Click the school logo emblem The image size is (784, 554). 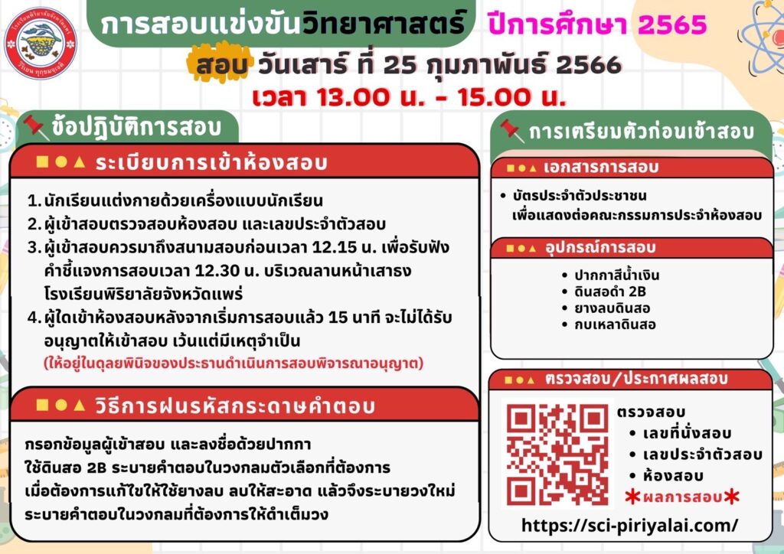(x=40, y=43)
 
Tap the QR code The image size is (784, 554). (x=557, y=454)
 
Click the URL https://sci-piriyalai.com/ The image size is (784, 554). (x=629, y=525)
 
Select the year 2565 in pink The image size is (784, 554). (x=672, y=24)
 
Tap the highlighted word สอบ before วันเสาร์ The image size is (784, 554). (x=220, y=65)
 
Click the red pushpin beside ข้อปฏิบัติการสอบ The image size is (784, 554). (x=35, y=126)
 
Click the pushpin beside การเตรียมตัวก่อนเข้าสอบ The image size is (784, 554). (x=511, y=131)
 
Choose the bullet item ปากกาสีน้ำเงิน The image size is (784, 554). (x=616, y=275)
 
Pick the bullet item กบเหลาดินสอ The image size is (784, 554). (x=615, y=324)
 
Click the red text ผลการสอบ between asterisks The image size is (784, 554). (x=682, y=497)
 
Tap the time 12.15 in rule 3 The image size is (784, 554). (x=332, y=247)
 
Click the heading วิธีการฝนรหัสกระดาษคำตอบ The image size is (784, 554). (x=235, y=406)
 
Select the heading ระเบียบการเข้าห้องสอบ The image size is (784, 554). (x=211, y=162)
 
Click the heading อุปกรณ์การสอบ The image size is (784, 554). (x=599, y=248)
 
